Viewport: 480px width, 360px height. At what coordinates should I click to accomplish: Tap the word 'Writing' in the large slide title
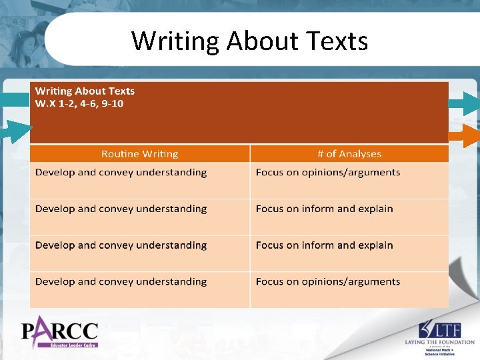(x=175, y=41)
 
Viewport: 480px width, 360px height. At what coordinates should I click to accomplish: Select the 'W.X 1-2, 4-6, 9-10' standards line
(x=79, y=103)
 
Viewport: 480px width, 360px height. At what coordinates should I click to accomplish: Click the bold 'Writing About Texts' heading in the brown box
(x=85, y=91)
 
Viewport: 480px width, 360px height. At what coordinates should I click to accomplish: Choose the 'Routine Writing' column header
(x=139, y=154)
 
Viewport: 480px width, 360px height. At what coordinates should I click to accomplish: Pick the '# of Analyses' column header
(x=349, y=154)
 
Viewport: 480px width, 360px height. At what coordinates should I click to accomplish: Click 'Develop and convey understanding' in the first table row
(x=121, y=173)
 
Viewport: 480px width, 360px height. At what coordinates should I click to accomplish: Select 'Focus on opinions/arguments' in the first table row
(x=327, y=173)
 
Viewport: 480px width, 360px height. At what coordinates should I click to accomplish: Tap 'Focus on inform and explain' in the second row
(x=324, y=209)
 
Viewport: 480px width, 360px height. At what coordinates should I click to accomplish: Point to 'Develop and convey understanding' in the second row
(x=121, y=209)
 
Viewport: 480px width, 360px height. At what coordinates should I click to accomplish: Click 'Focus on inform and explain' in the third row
(x=324, y=245)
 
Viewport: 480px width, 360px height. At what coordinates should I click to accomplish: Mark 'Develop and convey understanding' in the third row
(x=121, y=245)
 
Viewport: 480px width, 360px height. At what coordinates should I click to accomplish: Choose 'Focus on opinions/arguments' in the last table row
(x=327, y=281)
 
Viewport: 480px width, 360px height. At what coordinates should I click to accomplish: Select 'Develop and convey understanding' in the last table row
(x=121, y=281)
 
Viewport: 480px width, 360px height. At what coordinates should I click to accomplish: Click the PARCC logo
(x=59, y=330)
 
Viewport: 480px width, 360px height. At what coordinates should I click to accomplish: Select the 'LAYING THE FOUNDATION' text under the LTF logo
(x=439, y=342)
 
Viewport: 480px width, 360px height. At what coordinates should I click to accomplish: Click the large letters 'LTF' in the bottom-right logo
(x=445, y=329)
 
